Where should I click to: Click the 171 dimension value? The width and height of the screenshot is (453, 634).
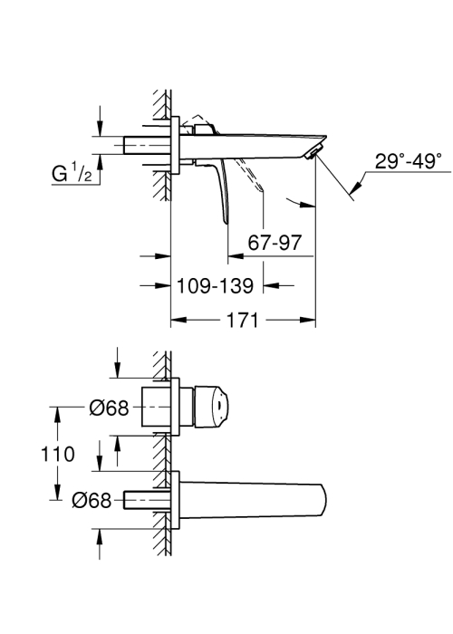(242, 321)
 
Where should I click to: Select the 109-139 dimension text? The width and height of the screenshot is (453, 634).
(216, 286)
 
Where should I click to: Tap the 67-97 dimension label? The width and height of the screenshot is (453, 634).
(275, 243)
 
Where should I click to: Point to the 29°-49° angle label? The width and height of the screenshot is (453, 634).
(408, 161)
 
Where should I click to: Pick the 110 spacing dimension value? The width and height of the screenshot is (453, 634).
(58, 454)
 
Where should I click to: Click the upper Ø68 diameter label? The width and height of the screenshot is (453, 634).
(110, 408)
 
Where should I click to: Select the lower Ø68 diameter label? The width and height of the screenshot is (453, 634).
(92, 501)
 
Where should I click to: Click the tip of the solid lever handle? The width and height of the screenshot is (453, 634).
(226, 223)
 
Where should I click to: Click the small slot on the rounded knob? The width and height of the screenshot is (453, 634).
(219, 406)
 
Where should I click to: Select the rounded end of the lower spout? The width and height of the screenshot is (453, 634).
(322, 501)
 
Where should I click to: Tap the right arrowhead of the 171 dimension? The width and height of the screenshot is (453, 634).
(307, 321)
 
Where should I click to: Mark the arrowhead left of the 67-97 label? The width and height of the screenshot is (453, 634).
(236, 256)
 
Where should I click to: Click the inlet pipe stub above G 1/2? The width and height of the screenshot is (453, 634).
(147, 145)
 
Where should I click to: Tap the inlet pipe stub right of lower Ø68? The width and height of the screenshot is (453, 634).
(147, 501)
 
